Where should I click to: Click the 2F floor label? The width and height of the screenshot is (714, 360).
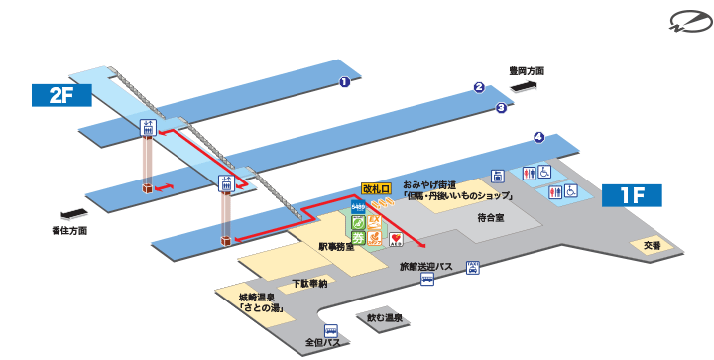click(60, 95)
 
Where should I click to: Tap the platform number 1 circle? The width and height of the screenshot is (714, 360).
click(344, 82)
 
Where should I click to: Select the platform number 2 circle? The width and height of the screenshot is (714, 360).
click(478, 87)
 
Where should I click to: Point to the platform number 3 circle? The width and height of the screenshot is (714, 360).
click(501, 107)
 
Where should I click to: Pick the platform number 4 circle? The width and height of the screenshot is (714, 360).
click(538, 137)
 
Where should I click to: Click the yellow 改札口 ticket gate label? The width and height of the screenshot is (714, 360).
click(377, 187)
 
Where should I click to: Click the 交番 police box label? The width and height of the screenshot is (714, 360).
click(651, 245)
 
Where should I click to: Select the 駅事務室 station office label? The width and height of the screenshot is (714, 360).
click(336, 244)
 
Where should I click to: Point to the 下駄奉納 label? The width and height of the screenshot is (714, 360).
click(309, 284)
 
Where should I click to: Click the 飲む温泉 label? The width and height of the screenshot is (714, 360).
click(384, 318)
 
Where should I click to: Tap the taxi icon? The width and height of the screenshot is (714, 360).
click(474, 266)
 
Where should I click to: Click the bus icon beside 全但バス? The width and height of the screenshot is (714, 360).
click(331, 331)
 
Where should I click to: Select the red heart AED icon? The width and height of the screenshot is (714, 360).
click(395, 238)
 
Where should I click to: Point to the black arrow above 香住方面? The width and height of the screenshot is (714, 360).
click(73, 213)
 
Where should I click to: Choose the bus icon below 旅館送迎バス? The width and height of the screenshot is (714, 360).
click(426, 280)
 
